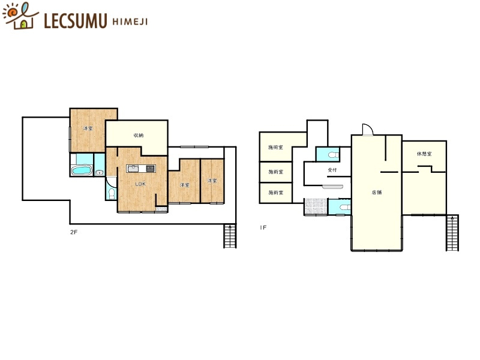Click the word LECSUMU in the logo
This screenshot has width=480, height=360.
tap(76, 21)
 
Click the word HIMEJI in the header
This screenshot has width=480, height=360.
tap(130, 22)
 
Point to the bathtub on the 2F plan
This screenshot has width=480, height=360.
tap(81, 172)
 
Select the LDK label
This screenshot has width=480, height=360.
tap(140, 184)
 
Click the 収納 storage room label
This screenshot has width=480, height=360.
tap(137, 136)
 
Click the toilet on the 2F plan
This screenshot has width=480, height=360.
tap(110, 193)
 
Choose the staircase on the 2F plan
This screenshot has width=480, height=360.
tap(230, 236)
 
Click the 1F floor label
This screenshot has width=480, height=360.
tap(263, 227)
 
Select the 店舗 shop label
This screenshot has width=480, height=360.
tap(376, 193)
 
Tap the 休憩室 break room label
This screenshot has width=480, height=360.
tap(424, 154)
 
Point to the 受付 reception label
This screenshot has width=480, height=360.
tap(332, 170)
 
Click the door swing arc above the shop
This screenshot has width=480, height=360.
tap(368, 130)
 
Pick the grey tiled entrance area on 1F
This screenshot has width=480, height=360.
tap(315, 206)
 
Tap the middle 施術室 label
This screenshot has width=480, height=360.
tap(275, 172)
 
